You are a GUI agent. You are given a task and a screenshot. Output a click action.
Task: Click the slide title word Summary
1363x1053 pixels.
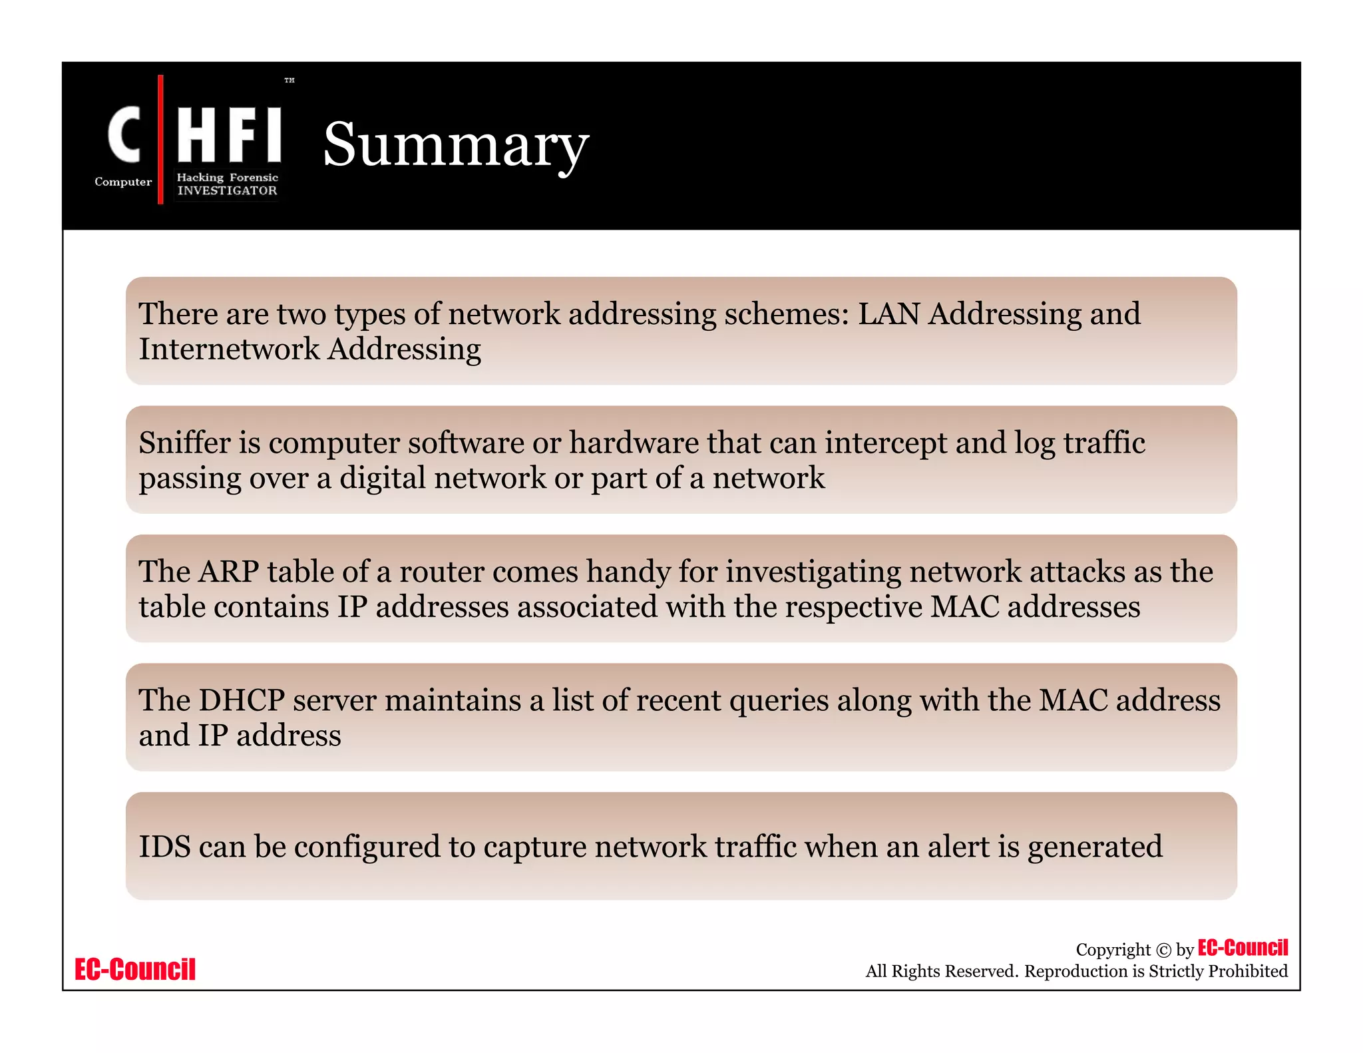tap(455, 145)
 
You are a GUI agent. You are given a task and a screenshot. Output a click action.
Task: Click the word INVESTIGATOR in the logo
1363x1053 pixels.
tap(227, 191)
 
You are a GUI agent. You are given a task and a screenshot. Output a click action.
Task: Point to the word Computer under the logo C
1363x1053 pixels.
tap(123, 182)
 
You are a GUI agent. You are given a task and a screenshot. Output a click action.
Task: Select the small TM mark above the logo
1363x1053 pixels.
tap(290, 81)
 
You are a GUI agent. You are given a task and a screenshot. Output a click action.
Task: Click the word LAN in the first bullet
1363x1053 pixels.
tap(888, 314)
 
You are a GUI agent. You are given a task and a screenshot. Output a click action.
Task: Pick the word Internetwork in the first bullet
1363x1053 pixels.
tap(229, 349)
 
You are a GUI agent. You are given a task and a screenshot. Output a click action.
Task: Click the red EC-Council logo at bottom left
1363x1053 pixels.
tap(135, 969)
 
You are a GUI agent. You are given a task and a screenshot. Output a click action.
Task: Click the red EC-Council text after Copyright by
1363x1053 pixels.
tap(1243, 948)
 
